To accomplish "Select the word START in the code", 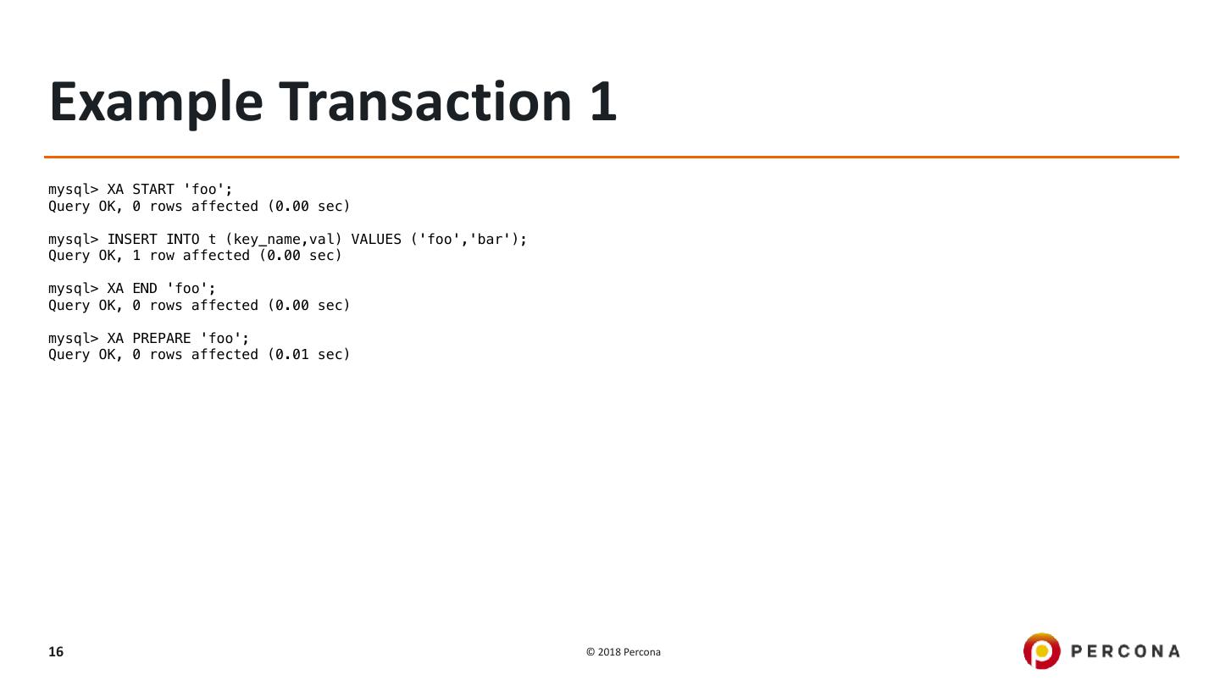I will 153,190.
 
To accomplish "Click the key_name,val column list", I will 283,240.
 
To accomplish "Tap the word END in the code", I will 145,289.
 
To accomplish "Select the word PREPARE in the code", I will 162,339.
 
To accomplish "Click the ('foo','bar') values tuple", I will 469,240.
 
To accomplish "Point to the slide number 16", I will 56,652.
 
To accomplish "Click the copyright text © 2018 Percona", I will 624,652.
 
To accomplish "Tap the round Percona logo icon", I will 1041,651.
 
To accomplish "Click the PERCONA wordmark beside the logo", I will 1125,651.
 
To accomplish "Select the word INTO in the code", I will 183,240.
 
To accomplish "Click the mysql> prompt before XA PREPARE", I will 73,339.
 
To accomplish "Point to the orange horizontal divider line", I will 611,157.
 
